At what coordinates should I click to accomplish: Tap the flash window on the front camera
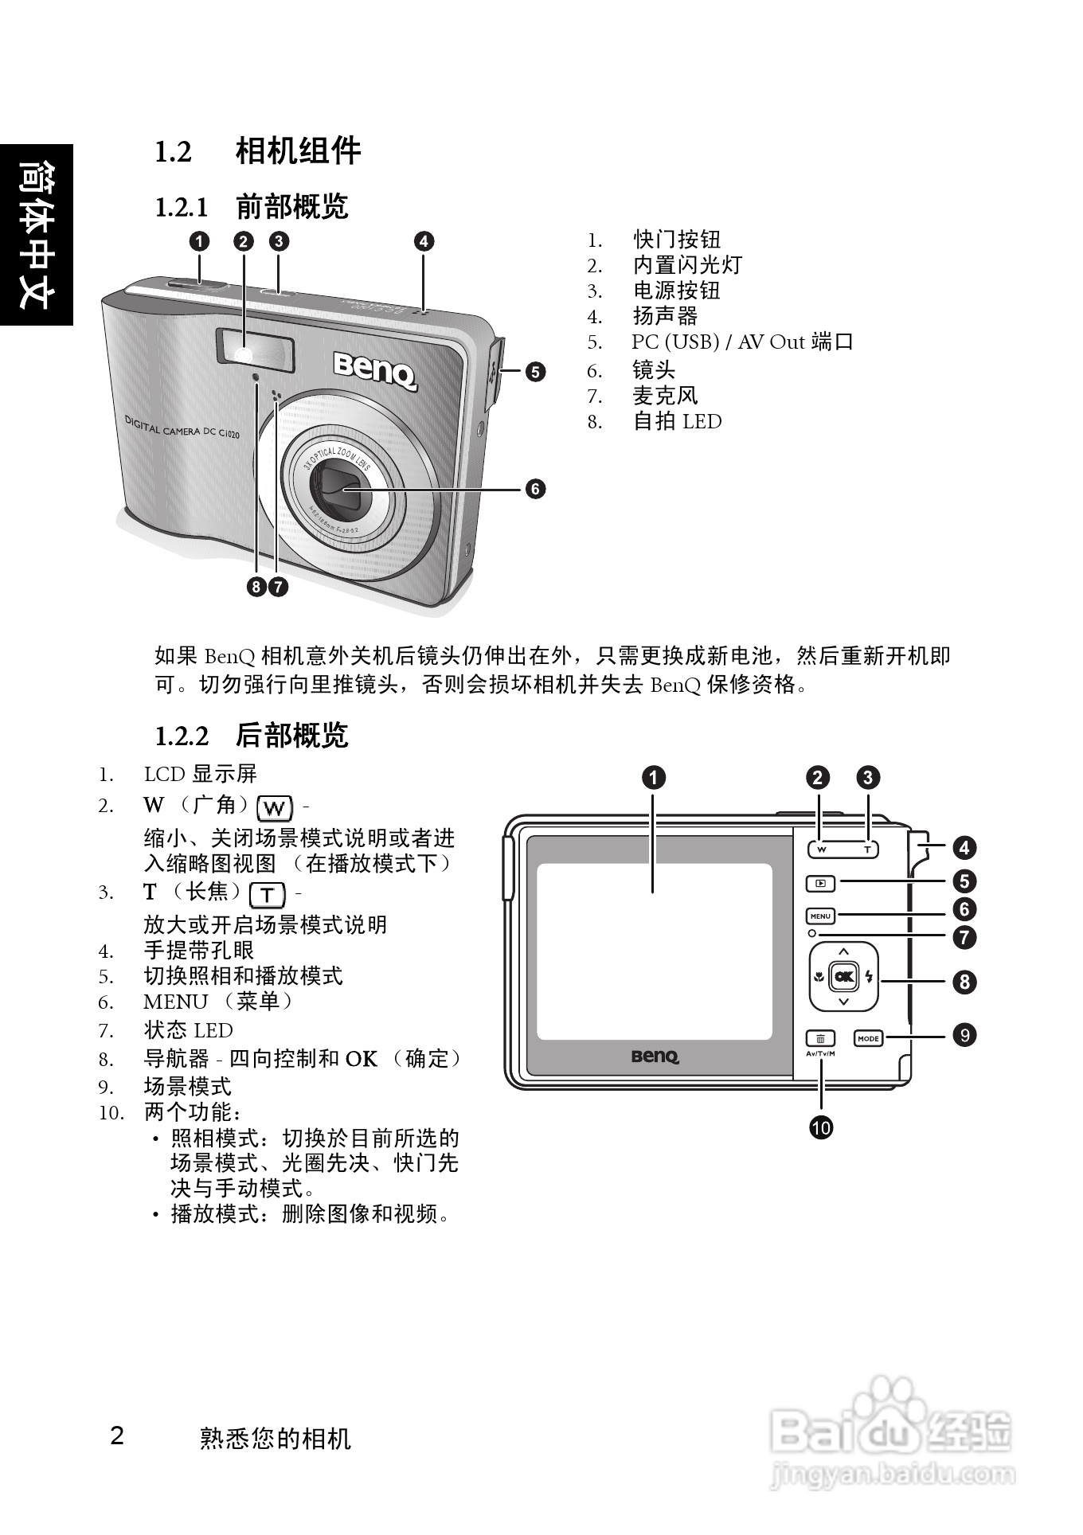click(255, 350)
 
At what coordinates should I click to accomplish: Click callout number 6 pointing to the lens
click(535, 488)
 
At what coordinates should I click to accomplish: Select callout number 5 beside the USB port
click(535, 371)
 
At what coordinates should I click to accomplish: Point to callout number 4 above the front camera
click(424, 241)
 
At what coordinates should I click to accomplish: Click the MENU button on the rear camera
click(820, 916)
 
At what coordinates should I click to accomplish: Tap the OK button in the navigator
click(843, 977)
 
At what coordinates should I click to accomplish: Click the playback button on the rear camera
click(820, 883)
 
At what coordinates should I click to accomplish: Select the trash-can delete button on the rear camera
click(820, 1038)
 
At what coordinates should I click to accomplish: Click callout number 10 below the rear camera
click(821, 1127)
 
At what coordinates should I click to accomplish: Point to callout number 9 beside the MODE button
click(964, 1035)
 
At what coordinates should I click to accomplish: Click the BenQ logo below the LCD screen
click(655, 1057)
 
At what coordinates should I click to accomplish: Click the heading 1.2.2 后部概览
click(252, 736)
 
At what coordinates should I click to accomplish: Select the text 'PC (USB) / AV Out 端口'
click(742, 342)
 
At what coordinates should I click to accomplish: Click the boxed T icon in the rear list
click(268, 895)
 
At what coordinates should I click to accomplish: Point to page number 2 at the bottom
click(117, 1436)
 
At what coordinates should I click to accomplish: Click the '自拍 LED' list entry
click(677, 422)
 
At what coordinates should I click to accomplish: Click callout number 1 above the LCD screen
click(653, 778)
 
